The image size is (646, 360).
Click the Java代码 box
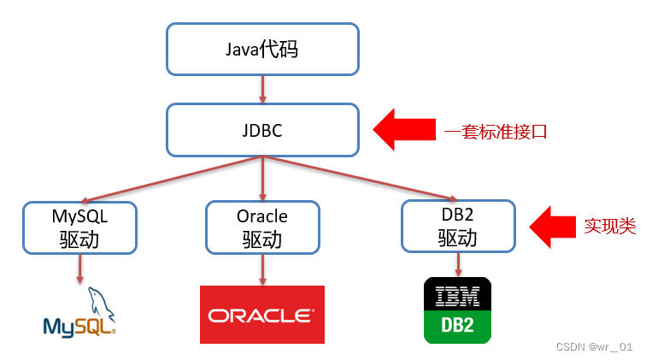tap(261, 48)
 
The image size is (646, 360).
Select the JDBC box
tap(261, 131)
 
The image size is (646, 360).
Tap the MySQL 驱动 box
tap(79, 227)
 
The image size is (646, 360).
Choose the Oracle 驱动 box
tap(262, 227)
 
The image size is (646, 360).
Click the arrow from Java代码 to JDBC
tap(261, 89)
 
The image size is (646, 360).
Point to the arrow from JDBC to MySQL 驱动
tap(171, 179)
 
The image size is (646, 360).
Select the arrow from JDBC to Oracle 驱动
tap(261, 179)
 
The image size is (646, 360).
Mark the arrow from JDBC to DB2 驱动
tap(359, 178)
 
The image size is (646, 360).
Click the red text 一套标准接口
tap(495, 133)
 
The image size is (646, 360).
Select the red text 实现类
tap(610, 227)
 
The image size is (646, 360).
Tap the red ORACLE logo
tap(261, 315)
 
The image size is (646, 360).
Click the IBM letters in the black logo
tap(458, 296)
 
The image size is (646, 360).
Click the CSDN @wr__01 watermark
tap(594, 347)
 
